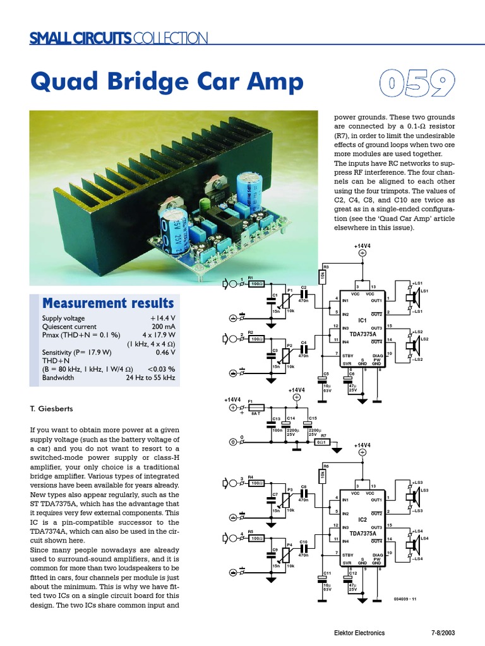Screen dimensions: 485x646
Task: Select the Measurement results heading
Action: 107,303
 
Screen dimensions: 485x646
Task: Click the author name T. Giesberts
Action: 48,409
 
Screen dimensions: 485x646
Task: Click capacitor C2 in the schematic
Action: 304,293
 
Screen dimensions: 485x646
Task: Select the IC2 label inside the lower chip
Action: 362,519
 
